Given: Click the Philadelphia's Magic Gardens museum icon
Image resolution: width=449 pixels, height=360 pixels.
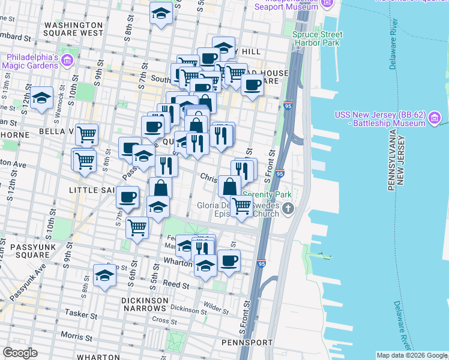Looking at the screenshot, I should click(67, 61).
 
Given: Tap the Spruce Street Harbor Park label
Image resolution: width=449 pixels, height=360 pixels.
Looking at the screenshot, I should click(317, 38).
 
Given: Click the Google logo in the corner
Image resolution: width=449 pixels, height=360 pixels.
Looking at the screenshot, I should click(20, 353).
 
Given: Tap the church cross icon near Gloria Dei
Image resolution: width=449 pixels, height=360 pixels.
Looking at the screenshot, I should click(288, 209).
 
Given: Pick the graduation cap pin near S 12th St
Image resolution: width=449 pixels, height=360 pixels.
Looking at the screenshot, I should click(41, 97).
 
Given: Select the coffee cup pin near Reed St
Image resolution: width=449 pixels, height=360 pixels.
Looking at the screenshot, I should click(229, 260).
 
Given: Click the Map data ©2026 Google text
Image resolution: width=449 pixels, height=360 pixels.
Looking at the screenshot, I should click(412, 355).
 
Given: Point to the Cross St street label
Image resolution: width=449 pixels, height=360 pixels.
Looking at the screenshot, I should click(161, 320).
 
